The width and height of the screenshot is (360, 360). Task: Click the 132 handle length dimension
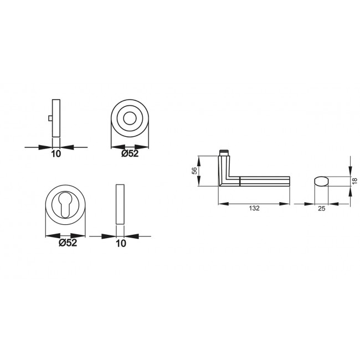(254, 208)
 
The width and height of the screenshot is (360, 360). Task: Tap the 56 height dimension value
(194, 171)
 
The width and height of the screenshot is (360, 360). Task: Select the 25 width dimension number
(322, 208)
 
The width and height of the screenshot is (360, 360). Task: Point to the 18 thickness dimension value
(354, 181)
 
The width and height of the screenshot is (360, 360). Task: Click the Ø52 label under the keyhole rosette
(68, 243)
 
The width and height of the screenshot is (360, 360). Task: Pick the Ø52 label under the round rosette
(130, 153)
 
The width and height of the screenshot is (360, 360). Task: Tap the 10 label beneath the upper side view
(56, 154)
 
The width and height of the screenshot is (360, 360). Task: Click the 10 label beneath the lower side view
(121, 243)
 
